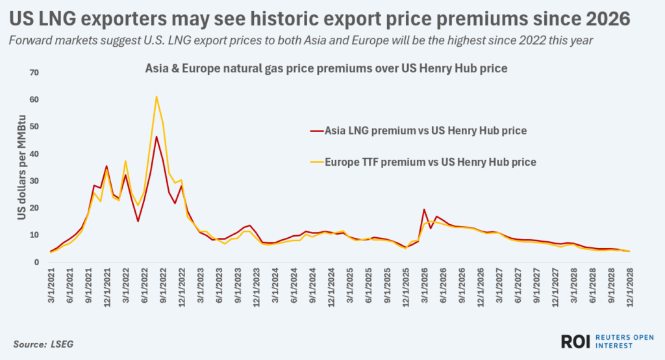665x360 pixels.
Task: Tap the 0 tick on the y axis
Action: point(37,263)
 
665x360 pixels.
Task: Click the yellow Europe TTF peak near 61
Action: point(157,97)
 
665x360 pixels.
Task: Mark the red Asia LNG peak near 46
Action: point(157,136)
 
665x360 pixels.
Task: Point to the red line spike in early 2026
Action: point(424,209)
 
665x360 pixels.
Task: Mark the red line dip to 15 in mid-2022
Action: point(138,221)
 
